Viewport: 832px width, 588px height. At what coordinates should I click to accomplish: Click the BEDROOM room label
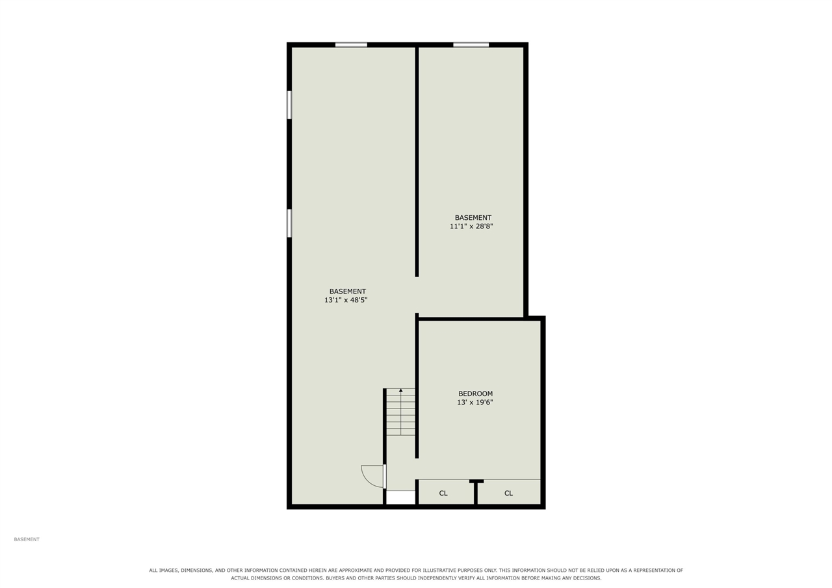coord(475,394)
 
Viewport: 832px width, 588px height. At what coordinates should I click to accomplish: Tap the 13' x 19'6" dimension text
coord(475,402)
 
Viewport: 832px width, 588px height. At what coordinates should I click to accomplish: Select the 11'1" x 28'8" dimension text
coord(471,226)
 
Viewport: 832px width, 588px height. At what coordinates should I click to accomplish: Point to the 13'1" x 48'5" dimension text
coord(346,300)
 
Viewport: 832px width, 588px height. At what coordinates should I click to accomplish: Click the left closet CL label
coord(443,493)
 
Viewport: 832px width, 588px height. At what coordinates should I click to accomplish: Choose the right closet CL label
coord(508,493)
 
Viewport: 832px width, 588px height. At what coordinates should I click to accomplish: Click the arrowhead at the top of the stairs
coord(401,390)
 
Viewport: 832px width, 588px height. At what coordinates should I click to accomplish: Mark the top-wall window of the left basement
coord(351,45)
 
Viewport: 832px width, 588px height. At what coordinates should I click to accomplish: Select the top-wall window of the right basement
coord(471,45)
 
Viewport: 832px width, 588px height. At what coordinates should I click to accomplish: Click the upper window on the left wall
coord(289,105)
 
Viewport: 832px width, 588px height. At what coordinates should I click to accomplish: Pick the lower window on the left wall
coord(289,223)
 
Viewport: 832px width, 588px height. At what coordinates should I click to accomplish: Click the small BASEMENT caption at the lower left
coord(27,539)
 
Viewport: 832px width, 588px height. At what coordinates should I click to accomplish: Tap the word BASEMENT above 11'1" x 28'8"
coord(473,217)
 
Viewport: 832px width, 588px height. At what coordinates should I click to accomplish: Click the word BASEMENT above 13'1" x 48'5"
coord(348,291)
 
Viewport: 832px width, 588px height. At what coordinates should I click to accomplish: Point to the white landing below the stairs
coord(401,498)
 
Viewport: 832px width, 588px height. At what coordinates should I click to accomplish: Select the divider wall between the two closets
coord(476,492)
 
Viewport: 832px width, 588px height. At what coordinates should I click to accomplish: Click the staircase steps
coord(401,412)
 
